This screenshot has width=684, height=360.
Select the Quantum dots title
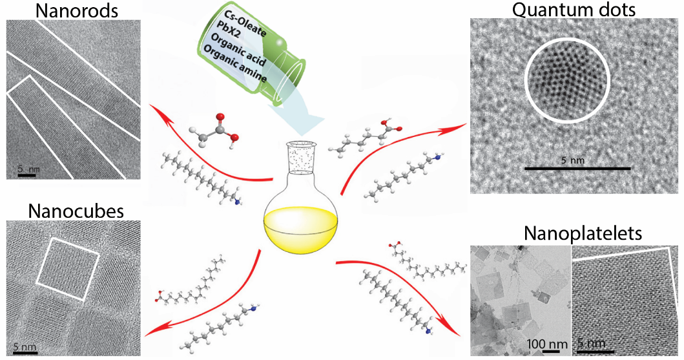click(573, 10)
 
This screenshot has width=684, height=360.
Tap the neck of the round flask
click(300, 162)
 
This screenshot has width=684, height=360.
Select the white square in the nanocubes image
click(68, 268)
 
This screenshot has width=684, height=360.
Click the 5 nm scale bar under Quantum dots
click(577, 168)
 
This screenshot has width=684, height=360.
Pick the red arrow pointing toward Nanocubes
click(213, 304)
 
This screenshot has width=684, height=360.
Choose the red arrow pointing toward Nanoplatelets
click(400, 284)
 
